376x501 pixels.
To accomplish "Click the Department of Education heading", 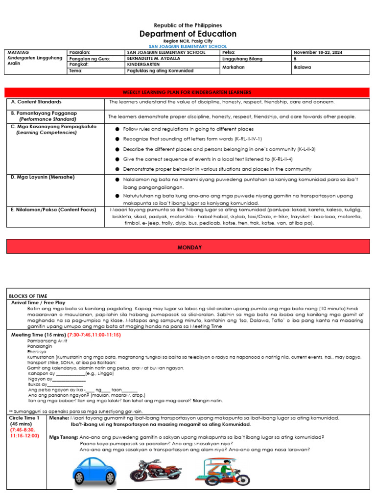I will pyautogui.click(x=188, y=34).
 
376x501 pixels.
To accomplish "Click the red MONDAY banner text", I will pyautogui.click(x=189, y=248).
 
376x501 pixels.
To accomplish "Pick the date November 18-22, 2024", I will pyautogui.click(x=314, y=52).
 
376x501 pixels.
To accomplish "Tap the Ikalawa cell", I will pyautogui.click(x=303, y=68).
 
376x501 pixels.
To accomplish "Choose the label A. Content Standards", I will pyautogui.click(x=37, y=102).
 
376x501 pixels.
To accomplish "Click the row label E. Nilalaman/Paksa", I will pyautogui.click(x=54, y=209).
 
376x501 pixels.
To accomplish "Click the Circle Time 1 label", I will pyautogui.click(x=24, y=418).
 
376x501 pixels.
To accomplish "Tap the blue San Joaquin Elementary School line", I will pyautogui.click(x=188, y=46).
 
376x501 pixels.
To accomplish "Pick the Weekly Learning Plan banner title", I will pyautogui.click(x=188, y=92).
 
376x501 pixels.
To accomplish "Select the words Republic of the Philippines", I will pyautogui.click(x=188, y=25).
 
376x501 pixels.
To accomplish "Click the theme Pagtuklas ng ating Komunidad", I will pyautogui.click(x=160, y=71).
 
